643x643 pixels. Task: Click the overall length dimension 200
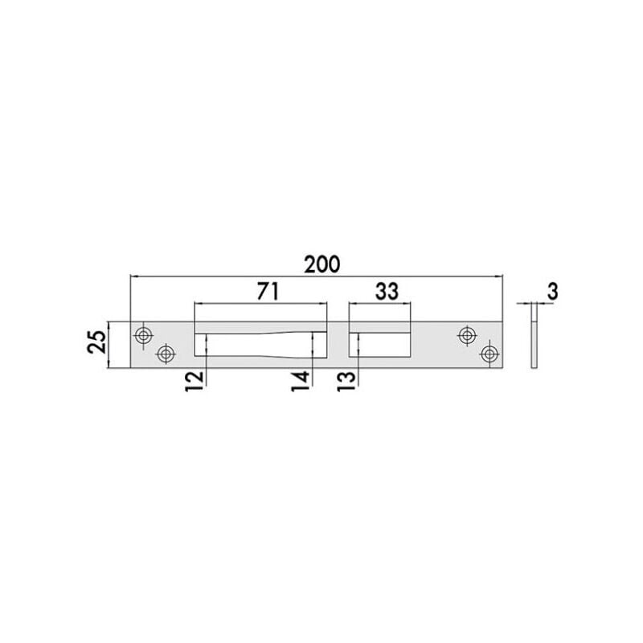tap(322, 264)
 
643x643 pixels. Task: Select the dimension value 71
tap(268, 291)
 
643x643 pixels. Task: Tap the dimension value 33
tap(387, 291)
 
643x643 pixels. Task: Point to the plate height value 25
tap(96, 342)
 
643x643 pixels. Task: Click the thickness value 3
tap(553, 292)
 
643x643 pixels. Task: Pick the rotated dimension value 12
tap(195, 381)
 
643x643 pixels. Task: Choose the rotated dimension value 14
tap(301, 381)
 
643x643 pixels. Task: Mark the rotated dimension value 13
tap(346, 381)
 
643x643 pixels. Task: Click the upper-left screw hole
tap(143, 335)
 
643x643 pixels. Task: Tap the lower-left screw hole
tap(166, 353)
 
